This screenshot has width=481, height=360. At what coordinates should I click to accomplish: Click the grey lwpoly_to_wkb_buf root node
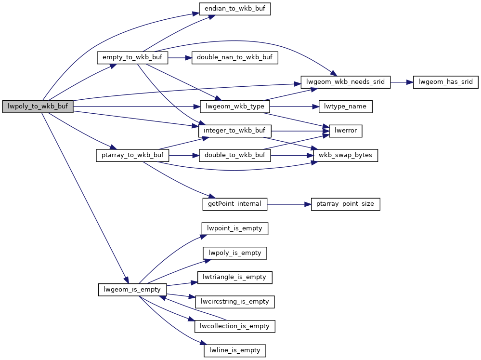click(x=38, y=107)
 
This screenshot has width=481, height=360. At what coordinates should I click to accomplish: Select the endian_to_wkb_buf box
click(x=235, y=9)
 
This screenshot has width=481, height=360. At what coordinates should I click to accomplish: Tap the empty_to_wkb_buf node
click(x=132, y=58)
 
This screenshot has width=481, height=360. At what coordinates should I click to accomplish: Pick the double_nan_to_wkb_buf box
click(x=234, y=58)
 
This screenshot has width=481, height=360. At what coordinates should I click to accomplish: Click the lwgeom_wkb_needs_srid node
click(x=345, y=82)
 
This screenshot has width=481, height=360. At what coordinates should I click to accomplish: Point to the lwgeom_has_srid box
click(x=445, y=82)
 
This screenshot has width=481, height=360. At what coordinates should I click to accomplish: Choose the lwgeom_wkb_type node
click(x=235, y=107)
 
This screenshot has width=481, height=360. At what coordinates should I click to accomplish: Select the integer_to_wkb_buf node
click(x=235, y=131)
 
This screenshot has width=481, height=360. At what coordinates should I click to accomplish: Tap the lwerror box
click(x=345, y=131)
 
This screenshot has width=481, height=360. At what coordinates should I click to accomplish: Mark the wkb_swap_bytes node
click(x=345, y=156)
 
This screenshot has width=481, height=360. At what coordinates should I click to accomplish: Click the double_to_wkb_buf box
click(x=235, y=156)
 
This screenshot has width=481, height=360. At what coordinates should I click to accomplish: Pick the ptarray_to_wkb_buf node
click(x=132, y=156)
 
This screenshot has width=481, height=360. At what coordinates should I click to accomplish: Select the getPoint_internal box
click(x=234, y=204)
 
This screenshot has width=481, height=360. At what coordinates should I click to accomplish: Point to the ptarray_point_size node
click(x=345, y=204)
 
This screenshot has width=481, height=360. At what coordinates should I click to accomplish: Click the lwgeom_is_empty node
click(x=132, y=290)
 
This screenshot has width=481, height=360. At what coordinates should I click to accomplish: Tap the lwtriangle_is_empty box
click(x=235, y=277)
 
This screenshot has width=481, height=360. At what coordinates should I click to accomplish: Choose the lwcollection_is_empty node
click(x=235, y=326)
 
